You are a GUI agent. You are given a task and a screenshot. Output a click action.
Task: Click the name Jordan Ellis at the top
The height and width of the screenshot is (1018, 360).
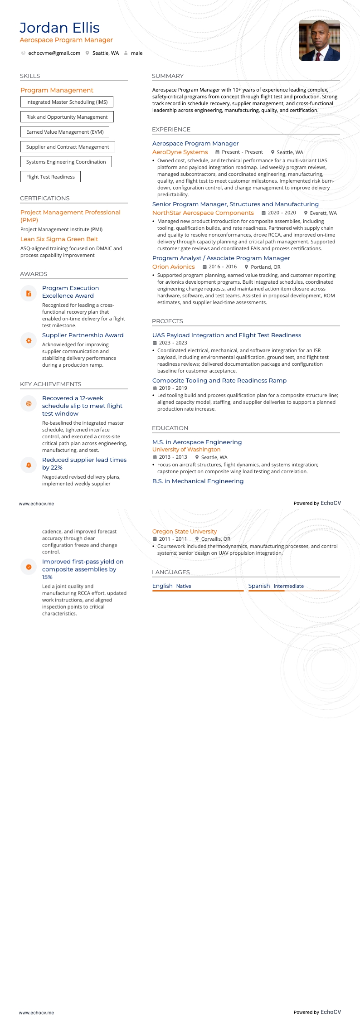click(59, 28)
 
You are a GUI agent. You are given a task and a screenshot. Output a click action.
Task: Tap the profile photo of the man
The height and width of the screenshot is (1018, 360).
click(319, 40)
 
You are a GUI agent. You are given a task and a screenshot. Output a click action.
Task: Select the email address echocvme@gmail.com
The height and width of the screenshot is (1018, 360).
click(54, 53)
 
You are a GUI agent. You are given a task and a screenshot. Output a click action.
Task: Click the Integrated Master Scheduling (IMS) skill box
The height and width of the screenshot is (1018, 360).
click(67, 102)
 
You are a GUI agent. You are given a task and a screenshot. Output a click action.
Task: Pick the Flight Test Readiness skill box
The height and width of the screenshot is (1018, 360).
click(50, 177)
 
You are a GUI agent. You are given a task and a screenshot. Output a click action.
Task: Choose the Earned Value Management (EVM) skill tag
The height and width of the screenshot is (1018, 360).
click(65, 132)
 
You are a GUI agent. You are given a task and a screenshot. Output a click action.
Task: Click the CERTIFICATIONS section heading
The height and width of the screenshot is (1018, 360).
click(45, 199)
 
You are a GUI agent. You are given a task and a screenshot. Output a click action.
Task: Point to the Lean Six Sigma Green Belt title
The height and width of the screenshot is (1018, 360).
click(59, 239)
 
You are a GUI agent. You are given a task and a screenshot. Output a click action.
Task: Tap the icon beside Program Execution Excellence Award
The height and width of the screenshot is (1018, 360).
click(29, 293)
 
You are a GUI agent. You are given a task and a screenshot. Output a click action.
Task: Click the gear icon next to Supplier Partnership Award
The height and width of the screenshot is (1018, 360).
click(29, 340)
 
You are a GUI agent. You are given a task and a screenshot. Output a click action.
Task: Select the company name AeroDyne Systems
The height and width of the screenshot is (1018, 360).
click(180, 152)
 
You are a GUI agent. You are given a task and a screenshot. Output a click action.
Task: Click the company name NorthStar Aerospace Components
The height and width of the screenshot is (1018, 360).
click(203, 213)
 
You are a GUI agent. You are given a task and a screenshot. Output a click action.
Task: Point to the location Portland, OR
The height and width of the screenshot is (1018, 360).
click(265, 267)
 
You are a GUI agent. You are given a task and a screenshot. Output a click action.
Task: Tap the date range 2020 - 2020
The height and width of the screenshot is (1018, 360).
click(282, 213)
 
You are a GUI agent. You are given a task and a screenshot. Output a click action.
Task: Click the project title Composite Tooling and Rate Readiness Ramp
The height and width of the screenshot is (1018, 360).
click(219, 381)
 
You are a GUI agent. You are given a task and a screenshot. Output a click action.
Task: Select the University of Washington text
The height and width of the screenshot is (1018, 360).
click(186, 450)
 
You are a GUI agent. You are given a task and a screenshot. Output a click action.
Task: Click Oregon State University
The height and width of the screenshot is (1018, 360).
click(185, 532)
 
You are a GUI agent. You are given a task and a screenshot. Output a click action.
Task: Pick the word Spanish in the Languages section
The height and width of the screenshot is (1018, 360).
click(259, 586)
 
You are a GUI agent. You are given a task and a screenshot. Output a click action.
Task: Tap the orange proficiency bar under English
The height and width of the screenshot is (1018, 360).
click(198, 591)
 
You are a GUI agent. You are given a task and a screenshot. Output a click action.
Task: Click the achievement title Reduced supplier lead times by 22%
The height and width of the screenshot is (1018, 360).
click(84, 464)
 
